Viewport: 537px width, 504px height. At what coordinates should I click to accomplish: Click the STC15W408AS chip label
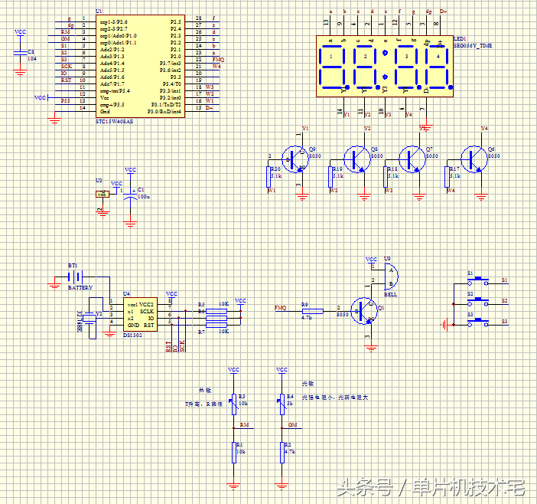pos(114,121)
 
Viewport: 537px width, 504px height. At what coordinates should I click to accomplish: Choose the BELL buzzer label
pos(390,293)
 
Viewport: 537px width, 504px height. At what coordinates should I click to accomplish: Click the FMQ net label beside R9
pos(281,308)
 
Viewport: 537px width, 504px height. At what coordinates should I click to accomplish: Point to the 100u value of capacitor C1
pos(142,197)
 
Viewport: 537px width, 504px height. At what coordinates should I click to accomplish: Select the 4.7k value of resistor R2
pos(289,452)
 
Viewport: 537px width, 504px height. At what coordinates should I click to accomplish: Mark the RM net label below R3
pos(244,424)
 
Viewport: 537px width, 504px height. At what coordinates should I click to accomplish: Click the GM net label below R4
pos(291,424)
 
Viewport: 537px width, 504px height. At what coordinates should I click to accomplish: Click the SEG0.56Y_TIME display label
pos(473,46)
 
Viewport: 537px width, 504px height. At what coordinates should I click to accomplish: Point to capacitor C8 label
pos(31,51)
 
